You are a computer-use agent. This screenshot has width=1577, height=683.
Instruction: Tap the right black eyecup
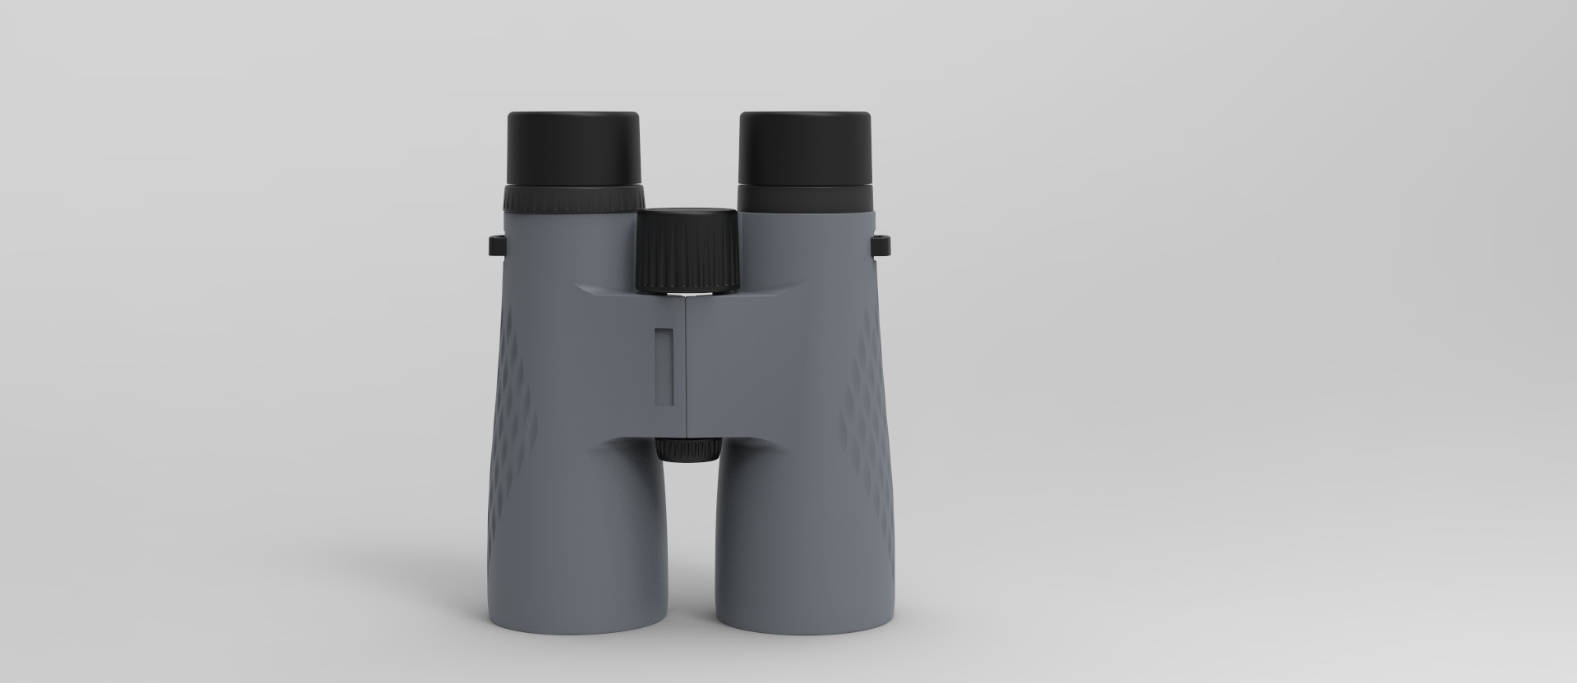coord(805,148)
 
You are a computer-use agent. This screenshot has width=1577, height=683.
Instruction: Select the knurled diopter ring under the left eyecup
coord(573,200)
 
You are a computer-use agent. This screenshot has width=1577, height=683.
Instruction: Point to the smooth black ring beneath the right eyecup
coord(805,199)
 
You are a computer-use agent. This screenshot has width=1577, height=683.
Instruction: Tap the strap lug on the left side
coord(496,245)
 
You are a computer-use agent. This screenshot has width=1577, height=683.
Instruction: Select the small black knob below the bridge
coord(688,450)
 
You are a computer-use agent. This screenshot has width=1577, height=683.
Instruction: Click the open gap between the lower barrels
coord(688,558)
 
